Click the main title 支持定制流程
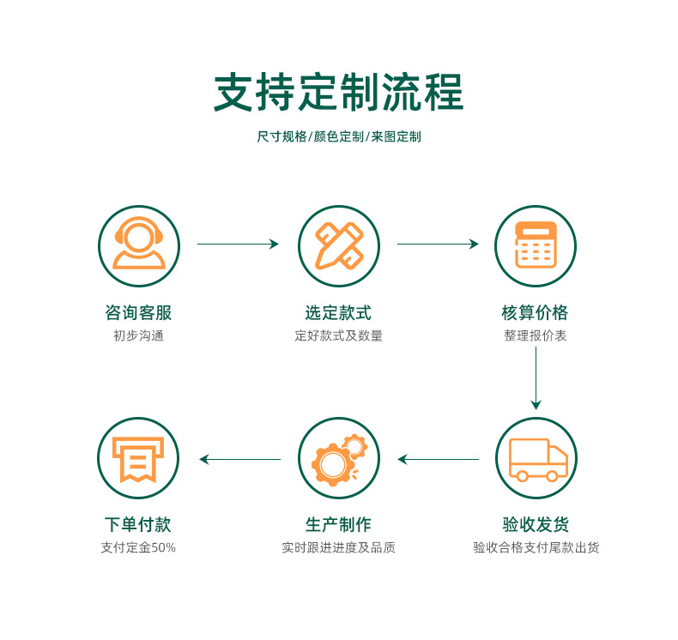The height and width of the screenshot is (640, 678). [338, 93]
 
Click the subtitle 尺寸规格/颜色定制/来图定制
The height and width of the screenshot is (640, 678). [338, 137]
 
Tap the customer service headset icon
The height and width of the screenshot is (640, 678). [138, 245]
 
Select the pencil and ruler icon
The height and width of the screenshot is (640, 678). [338, 245]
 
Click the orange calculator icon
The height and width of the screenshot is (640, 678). [536, 245]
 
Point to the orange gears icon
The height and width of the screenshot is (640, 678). [338, 458]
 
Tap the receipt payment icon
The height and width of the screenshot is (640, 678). [138, 458]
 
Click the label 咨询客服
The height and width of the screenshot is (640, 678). [138, 313]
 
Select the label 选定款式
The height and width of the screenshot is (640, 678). [338, 313]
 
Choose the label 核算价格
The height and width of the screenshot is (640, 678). [536, 313]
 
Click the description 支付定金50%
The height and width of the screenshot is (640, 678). [138, 547]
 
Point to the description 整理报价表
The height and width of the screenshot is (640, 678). [536, 336]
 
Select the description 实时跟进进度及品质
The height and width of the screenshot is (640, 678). [338, 547]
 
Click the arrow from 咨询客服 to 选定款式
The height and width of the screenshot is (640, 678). [238, 245]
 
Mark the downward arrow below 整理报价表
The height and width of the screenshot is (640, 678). [536, 377]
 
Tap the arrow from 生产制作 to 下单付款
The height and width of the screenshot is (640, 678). [240, 460]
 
